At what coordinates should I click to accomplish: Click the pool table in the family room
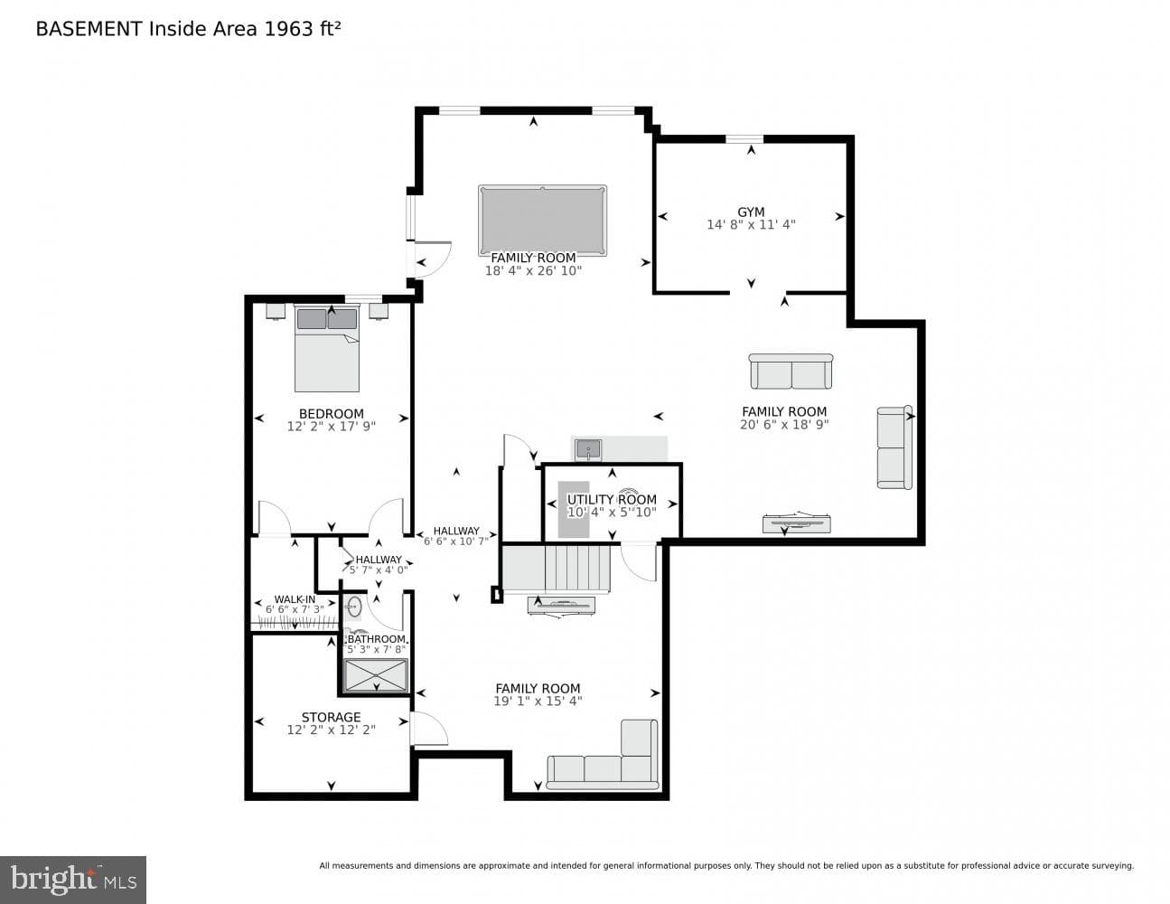(542, 221)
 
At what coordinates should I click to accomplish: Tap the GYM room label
(751, 212)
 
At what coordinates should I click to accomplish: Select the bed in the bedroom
(326, 348)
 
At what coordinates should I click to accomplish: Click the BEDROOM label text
(332, 414)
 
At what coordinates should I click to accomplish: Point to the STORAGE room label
(331, 717)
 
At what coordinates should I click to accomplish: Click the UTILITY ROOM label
(612, 499)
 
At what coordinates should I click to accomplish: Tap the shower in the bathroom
(376, 675)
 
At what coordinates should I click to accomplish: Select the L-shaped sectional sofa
(603, 755)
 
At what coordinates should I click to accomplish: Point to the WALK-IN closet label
(295, 599)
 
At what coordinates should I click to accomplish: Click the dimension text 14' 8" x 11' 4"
(751, 225)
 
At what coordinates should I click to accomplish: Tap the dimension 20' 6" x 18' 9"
(784, 425)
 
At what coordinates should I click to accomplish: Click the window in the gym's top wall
(744, 139)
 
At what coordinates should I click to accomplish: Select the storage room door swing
(429, 729)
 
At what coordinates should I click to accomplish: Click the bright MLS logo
(73, 880)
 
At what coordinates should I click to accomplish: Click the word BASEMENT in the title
(89, 29)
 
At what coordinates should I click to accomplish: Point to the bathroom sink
(353, 607)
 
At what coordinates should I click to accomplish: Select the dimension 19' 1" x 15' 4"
(538, 701)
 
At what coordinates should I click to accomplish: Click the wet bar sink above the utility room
(588, 449)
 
